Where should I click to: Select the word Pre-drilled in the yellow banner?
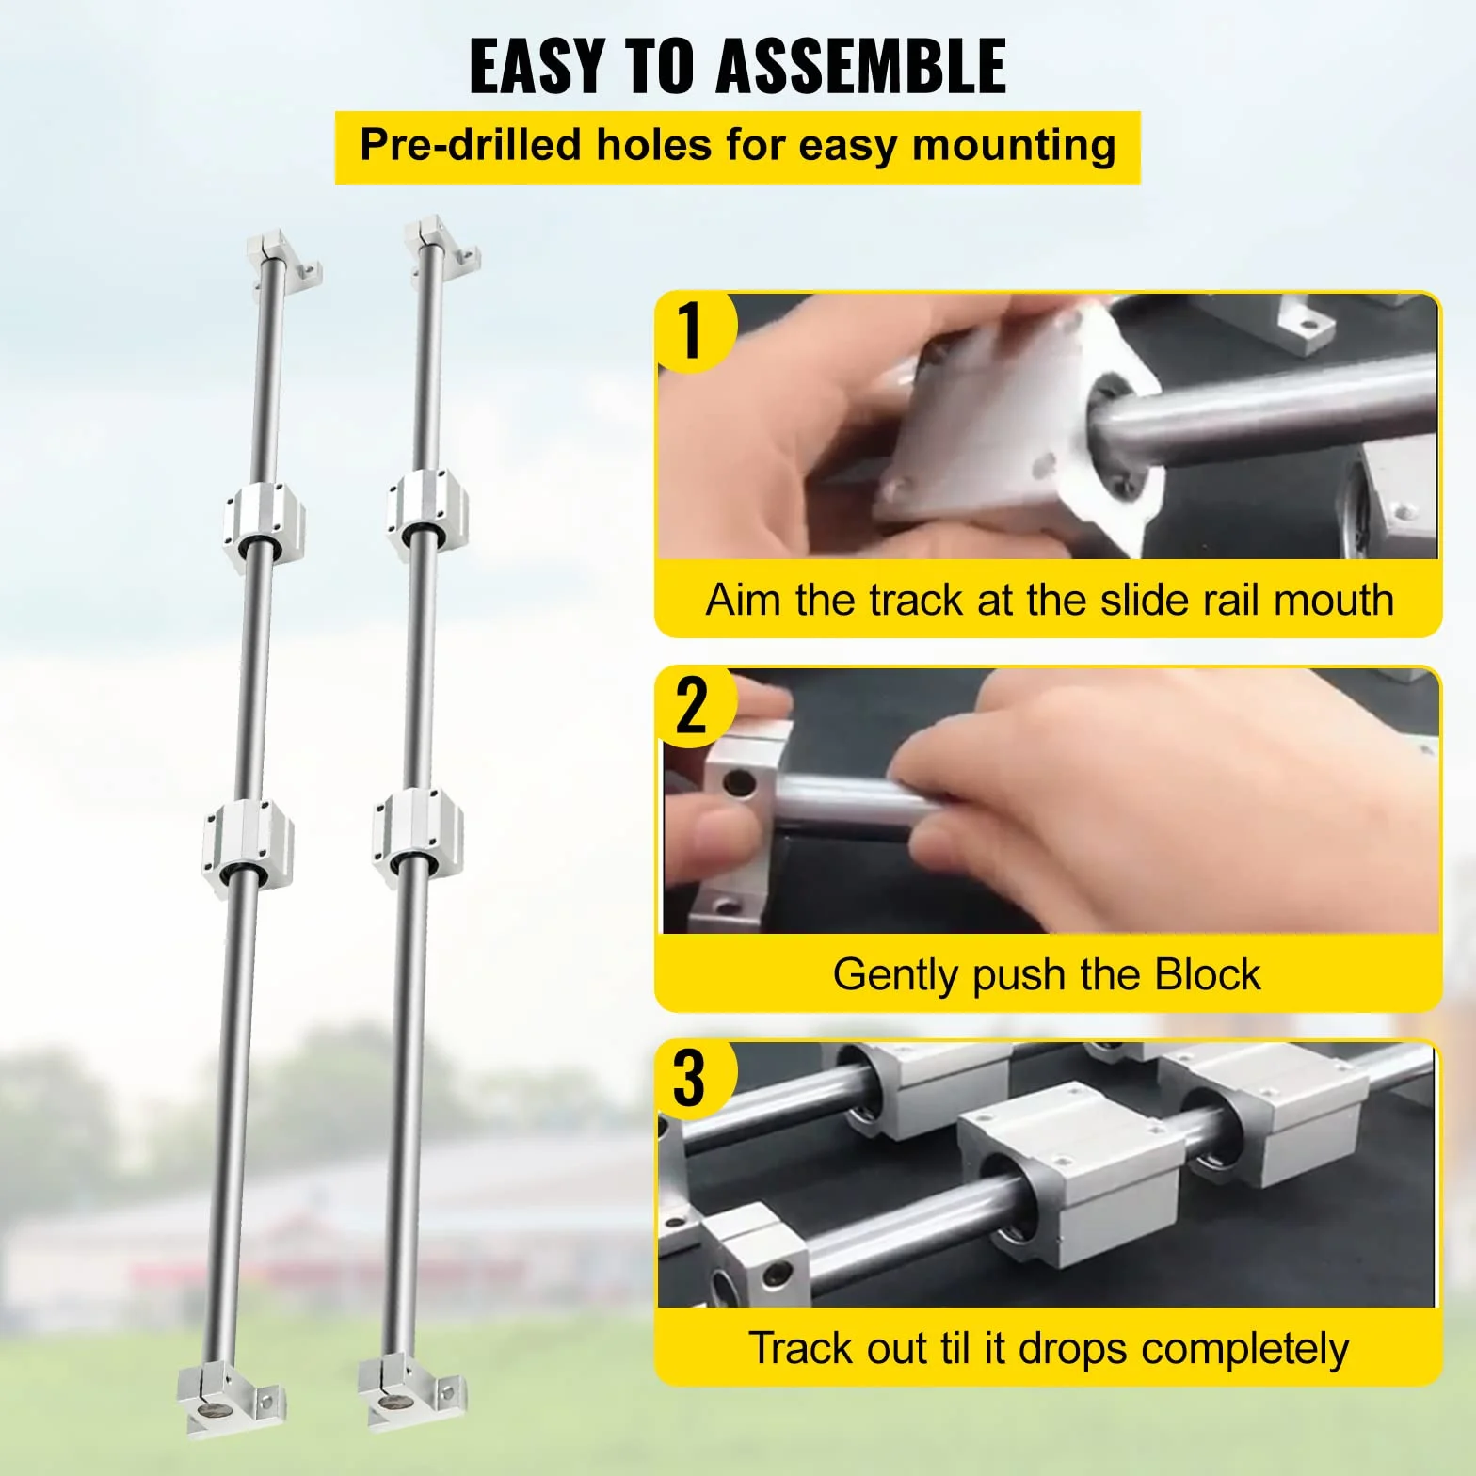tap(471, 145)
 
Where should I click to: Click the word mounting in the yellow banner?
tap(1014, 147)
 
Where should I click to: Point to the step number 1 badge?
tap(693, 330)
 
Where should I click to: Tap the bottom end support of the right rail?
tap(411, 1391)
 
